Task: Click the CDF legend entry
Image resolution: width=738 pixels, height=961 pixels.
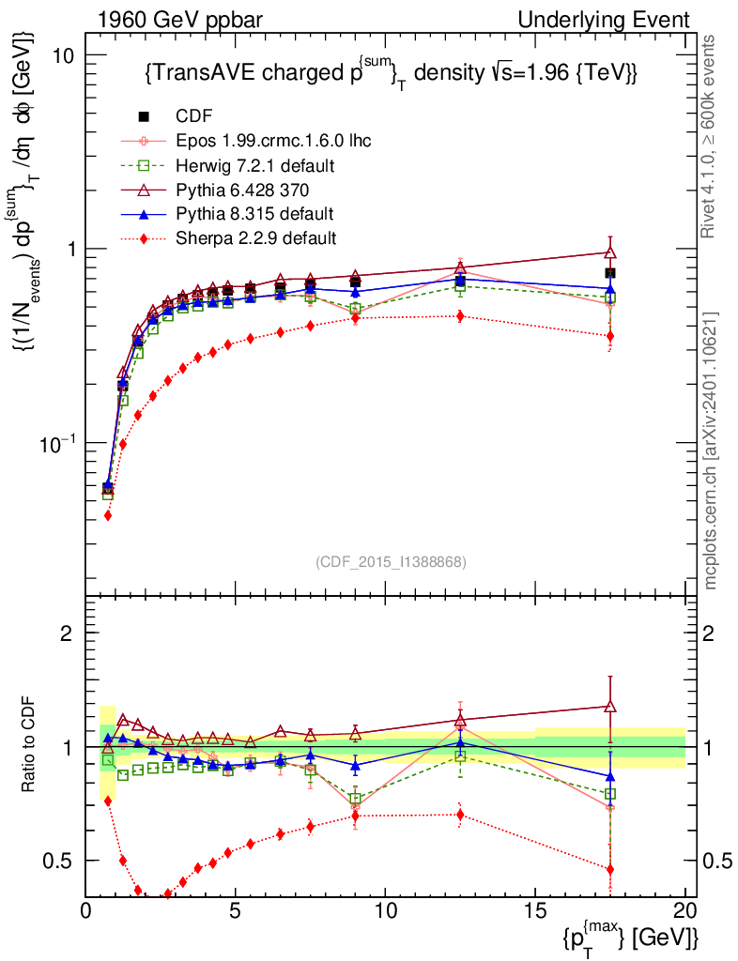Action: click(194, 116)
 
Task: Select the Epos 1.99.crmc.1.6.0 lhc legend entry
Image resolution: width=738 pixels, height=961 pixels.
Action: click(273, 141)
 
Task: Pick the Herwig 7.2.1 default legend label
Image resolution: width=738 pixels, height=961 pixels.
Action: click(255, 165)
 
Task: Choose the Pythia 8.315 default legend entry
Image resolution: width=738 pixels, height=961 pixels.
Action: click(254, 214)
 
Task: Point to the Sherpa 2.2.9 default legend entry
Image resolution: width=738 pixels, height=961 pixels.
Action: click(255, 238)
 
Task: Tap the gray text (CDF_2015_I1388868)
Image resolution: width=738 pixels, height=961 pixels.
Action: click(390, 562)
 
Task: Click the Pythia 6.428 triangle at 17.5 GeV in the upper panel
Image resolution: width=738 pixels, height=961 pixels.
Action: click(610, 252)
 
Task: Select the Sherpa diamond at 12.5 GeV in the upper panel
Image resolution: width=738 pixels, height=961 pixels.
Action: click(460, 316)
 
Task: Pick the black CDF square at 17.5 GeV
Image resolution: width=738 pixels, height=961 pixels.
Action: click(610, 273)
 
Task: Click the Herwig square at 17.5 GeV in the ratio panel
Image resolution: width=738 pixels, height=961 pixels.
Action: click(610, 794)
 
